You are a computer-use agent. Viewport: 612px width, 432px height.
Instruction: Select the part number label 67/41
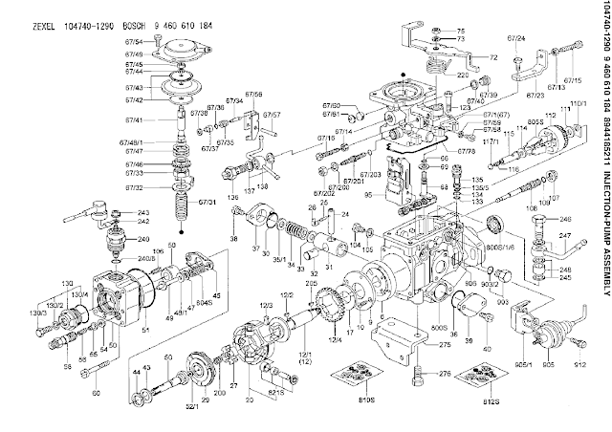[x=132, y=120]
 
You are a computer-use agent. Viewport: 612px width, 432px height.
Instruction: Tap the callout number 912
[x=580, y=364]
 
